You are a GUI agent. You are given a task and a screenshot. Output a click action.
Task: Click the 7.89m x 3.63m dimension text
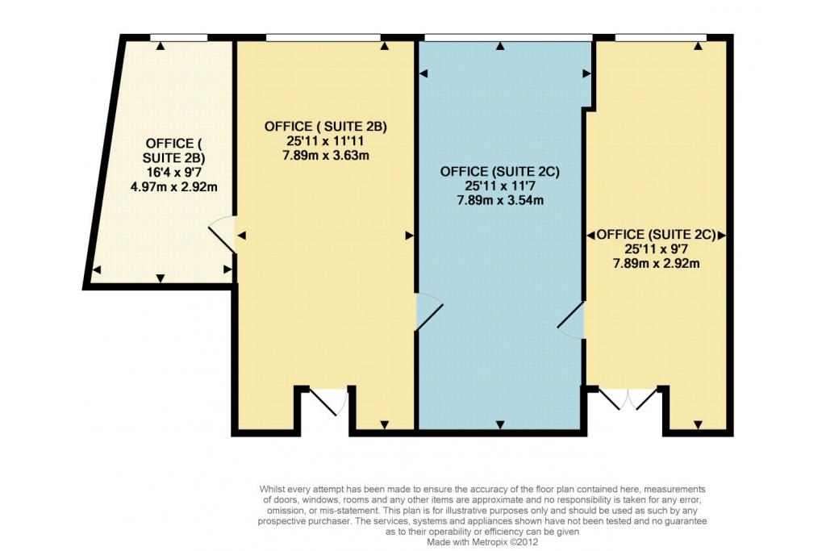pos(326,156)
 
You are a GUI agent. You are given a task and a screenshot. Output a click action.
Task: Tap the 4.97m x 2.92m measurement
pos(174,186)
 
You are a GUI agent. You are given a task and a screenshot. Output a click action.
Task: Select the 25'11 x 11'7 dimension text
pos(500,186)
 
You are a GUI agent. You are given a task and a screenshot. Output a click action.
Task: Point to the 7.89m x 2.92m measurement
pos(657,263)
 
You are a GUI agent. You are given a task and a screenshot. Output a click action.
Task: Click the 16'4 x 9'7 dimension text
pos(174,172)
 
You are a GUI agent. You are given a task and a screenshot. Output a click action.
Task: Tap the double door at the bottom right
pos(628,399)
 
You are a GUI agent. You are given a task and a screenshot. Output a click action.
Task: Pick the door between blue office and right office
pos(572,319)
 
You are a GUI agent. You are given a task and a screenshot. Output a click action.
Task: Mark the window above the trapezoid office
pos(178,37)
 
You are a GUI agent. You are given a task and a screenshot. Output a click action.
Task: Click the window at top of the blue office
pos(508,37)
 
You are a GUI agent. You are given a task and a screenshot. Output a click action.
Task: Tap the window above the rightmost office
pos(661,37)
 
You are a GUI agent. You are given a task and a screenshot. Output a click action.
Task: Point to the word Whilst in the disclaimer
pos(272,490)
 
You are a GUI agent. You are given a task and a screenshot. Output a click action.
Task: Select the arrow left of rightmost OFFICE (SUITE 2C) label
pos(591,235)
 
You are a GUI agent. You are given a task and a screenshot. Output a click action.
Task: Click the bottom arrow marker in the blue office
pos(500,424)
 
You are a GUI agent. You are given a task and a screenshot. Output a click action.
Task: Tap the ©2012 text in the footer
pos(525,541)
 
